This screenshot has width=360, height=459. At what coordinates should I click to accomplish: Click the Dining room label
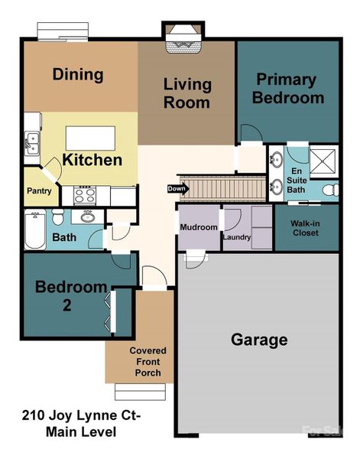77,75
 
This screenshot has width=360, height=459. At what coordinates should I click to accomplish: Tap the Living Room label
186,92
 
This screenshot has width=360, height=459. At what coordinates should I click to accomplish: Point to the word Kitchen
92,160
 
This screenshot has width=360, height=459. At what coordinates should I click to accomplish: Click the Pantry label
38,190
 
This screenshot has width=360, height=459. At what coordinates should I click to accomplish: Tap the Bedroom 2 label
70,296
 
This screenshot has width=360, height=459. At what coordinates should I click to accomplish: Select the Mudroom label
199,227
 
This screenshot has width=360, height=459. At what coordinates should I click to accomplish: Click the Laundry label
236,237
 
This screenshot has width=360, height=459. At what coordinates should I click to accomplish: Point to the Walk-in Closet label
306,228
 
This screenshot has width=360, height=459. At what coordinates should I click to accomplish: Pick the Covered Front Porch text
148,362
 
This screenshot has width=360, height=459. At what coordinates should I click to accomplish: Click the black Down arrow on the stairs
177,188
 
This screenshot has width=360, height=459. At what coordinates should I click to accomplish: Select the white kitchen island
91,138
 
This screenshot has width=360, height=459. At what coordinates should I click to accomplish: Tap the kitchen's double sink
31,141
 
